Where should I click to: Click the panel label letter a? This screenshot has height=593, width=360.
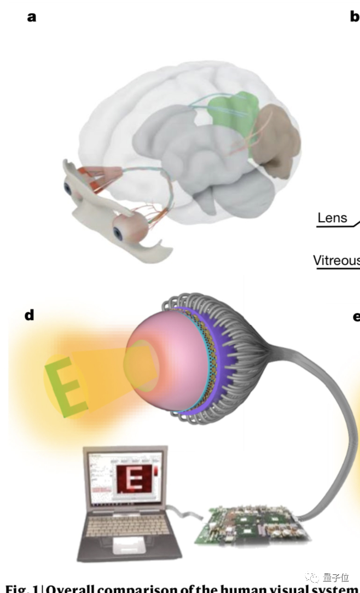32,17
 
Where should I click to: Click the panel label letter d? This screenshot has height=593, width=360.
30,315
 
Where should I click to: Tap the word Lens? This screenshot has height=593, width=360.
332,218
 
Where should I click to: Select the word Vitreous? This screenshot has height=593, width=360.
336,260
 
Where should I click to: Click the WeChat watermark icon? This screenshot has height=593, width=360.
313,578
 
